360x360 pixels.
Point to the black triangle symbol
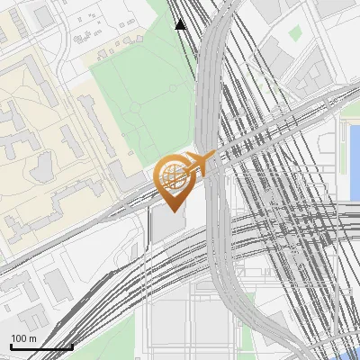(x=181, y=24)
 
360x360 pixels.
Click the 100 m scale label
(x=23, y=338)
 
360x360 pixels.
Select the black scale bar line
(x=41, y=347)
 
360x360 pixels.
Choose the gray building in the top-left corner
(x=42, y=15)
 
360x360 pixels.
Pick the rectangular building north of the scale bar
(x=58, y=284)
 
